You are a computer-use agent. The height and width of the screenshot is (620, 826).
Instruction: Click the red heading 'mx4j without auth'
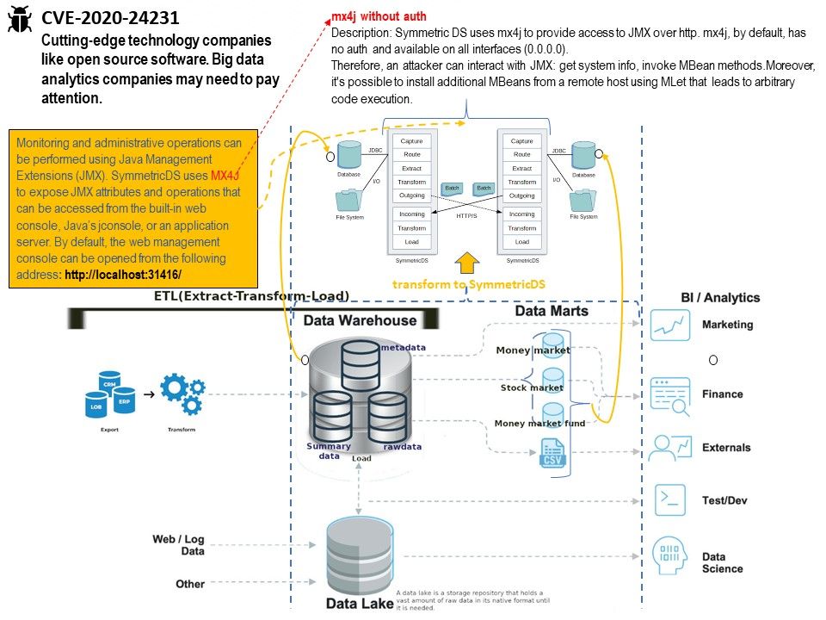(379, 16)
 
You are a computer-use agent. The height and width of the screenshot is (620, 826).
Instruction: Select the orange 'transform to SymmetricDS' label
(469, 284)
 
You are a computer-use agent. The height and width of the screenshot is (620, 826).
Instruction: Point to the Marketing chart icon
(671, 325)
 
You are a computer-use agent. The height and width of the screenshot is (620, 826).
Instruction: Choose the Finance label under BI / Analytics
(722, 394)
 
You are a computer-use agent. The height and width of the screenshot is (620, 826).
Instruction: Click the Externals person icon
(671, 447)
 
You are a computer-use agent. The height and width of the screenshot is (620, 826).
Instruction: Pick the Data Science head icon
(671, 555)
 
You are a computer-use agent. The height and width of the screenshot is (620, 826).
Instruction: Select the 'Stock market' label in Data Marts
(532, 387)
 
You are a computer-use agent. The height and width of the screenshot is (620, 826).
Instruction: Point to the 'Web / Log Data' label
(179, 544)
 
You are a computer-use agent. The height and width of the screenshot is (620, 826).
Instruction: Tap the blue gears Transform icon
(182, 393)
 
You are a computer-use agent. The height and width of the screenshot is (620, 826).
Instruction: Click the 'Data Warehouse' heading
(360, 320)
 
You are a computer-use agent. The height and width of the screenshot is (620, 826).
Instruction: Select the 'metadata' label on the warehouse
(404, 347)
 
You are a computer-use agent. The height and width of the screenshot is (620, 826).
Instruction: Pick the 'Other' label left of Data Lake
(190, 584)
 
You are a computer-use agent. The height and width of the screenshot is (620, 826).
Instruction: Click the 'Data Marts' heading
(552, 311)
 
